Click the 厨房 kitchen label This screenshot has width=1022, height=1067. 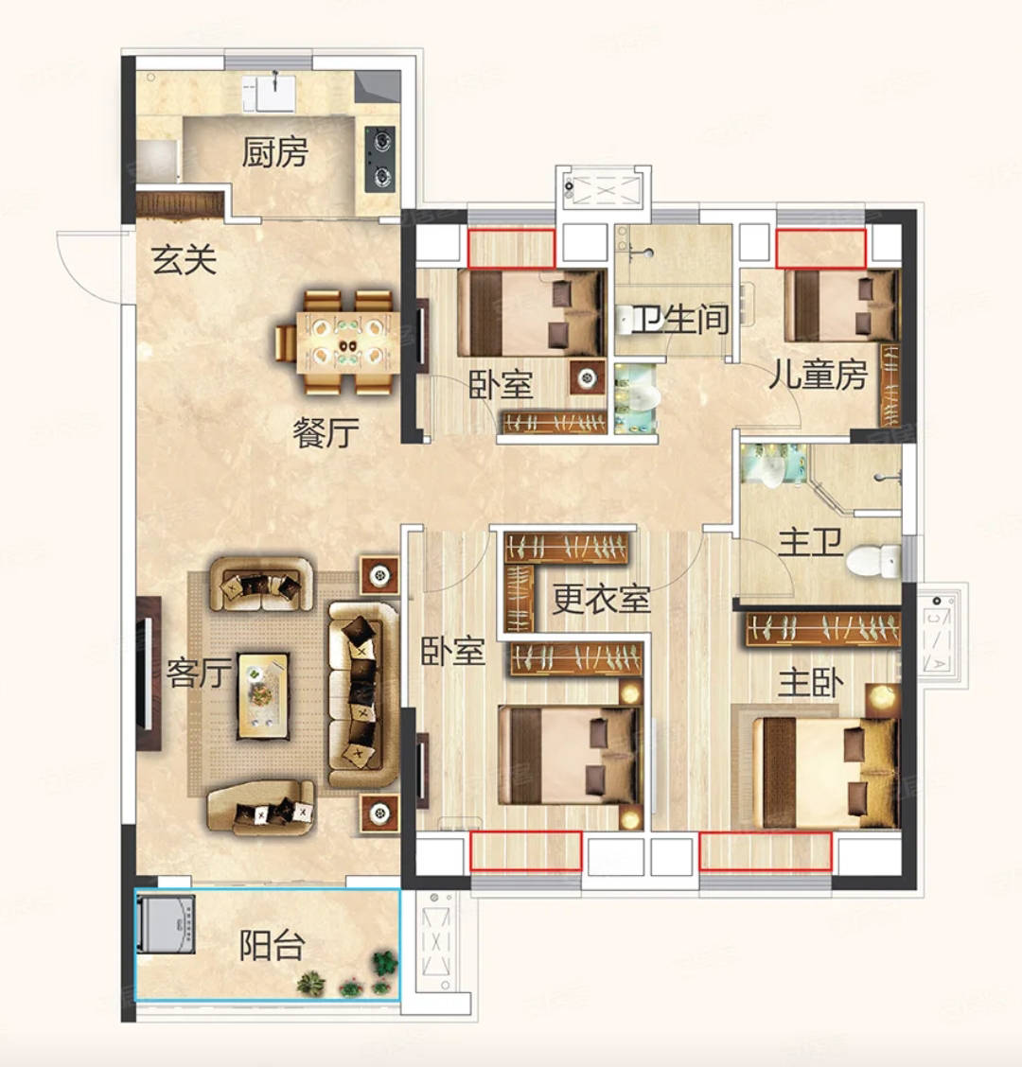[x=275, y=151]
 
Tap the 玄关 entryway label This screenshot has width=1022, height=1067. [x=184, y=259]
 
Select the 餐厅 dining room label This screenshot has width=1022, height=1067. [x=326, y=432]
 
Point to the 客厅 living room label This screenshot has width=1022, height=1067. [x=199, y=673]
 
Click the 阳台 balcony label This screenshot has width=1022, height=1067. [x=272, y=945]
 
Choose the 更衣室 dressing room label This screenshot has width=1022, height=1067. [x=601, y=599]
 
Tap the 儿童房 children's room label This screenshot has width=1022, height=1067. [x=818, y=375]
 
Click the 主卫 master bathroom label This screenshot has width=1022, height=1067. [x=810, y=542]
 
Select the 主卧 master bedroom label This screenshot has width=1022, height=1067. [x=810, y=683]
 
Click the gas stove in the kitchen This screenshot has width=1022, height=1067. [x=379, y=159]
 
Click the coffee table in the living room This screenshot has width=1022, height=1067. [x=263, y=696]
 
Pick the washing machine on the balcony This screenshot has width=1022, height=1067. [x=166, y=923]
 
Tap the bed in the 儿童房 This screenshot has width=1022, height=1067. [x=841, y=306]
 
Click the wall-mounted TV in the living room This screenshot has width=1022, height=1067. [x=148, y=673]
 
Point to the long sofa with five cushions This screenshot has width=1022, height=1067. [x=363, y=694]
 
